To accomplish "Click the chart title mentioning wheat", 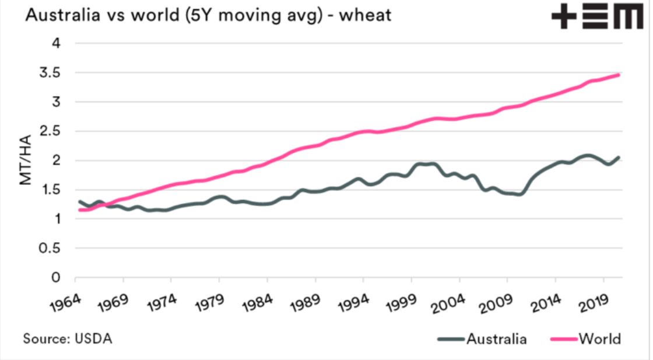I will coord(208,16).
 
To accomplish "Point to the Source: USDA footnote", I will coord(68,338).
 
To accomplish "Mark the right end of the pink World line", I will coord(619,75).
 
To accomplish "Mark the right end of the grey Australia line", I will coord(619,157).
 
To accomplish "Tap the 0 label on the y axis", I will coord(56,278).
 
